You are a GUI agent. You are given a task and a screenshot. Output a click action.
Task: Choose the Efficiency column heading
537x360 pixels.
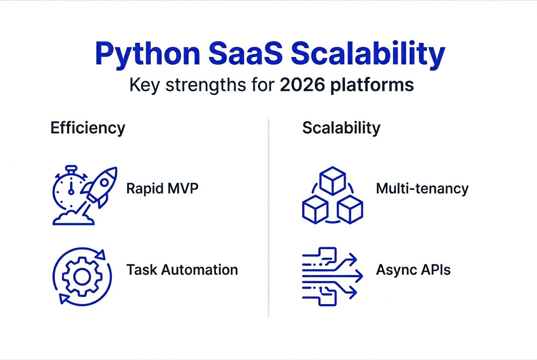coord(88,128)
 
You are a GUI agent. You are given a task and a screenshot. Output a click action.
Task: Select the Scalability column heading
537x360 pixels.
coord(341,128)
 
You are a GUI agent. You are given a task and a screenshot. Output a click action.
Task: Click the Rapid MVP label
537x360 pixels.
coord(162,188)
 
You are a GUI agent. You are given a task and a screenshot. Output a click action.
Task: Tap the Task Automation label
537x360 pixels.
coord(182,269)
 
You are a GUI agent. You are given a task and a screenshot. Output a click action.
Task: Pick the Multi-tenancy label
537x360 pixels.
coord(422,188)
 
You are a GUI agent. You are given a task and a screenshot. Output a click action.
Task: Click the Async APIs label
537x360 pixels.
coord(413,269)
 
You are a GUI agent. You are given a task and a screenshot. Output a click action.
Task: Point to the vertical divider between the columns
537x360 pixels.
coord(268,218)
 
